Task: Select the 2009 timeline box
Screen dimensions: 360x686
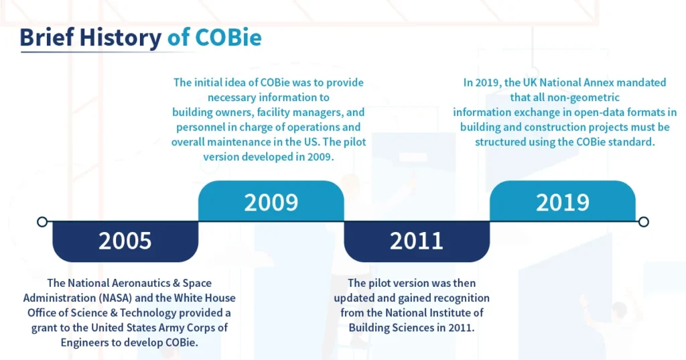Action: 271,201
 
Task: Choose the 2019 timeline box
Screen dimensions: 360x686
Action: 562,201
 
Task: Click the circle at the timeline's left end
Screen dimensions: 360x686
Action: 42,221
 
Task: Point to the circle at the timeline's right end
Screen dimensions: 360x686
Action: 644,221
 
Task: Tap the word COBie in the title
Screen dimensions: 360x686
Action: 228,38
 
